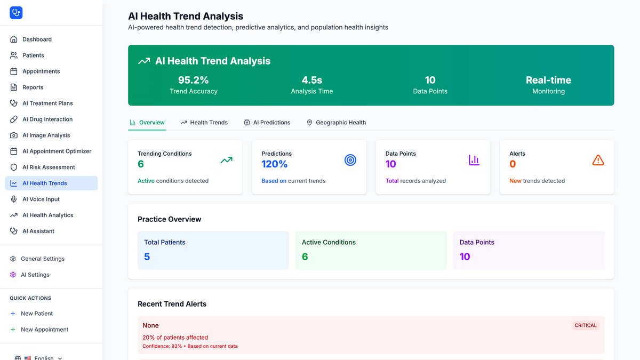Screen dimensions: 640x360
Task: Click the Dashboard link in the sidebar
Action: [x=37, y=39]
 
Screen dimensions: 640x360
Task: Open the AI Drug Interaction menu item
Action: [x=47, y=119]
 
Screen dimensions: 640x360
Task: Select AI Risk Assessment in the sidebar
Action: [x=49, y=167]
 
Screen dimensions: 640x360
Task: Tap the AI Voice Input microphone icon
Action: [x=13, y=199]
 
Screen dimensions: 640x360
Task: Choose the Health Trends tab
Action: [x=204, y=122]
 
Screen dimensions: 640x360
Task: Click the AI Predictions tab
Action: [x=267, y=122]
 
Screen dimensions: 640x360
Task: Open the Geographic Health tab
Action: [x=336, y=122]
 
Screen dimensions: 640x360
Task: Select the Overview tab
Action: [x=147, y=122]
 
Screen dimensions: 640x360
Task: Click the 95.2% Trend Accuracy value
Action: [x=194, y=80]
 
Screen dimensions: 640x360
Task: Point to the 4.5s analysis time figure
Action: [x=311, y=80]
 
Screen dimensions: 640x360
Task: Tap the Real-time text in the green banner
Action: [x=548, y=80]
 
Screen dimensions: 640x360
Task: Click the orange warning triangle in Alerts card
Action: [x=598, y=160]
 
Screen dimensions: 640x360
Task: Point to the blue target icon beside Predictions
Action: [x=350, y=160]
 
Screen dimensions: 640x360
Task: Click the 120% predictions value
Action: [x=274, y=164]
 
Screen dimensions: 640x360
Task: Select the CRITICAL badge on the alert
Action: [x=586, y=325]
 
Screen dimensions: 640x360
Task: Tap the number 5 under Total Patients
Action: [x=147, y=257]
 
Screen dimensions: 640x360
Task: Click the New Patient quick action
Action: [x=37, y=314]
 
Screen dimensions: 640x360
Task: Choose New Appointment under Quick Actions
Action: [x=45, y=330]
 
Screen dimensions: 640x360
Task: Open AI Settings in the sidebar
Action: [x=35, y=275]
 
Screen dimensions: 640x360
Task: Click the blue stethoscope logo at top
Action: [x=16, y=13]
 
